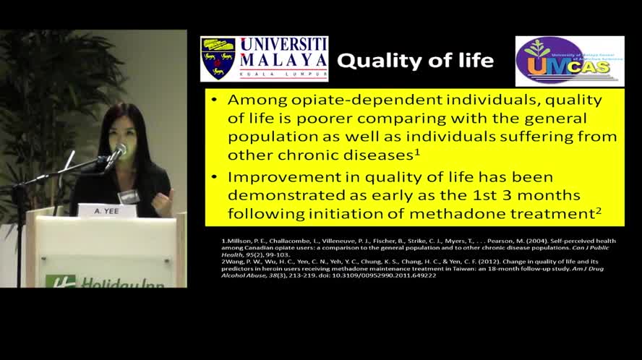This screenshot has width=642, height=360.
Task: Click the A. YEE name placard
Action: click(x=107, y=211)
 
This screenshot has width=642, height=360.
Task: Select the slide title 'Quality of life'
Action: click(x=416, y=61)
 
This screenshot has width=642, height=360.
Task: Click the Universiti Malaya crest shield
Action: click(x=218, y=59)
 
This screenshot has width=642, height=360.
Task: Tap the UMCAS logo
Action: click(x=569, y=61)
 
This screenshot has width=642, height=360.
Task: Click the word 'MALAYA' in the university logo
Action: click(x=283, y=59)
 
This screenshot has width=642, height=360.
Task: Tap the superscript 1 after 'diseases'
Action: click(x=418, y=151)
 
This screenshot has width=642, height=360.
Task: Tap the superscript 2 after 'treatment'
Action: click(x=599, y=210)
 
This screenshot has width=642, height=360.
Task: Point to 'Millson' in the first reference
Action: click(x=235, y=240)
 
